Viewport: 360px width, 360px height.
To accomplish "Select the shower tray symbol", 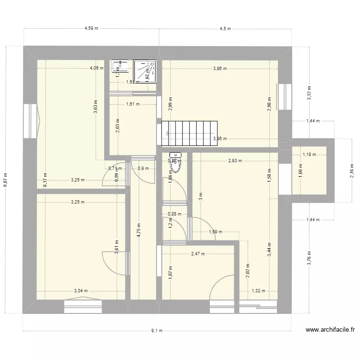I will coord(145,71).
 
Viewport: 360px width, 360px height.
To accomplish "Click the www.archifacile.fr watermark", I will coord(330,330).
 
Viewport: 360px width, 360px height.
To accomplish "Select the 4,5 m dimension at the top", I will coord(225,28).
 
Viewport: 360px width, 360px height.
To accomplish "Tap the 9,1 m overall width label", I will coord(157,330).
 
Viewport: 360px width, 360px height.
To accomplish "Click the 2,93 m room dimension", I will coord(235,161).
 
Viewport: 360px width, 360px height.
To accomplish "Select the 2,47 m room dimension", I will coord(197,254).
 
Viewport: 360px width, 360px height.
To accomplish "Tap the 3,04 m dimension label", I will coord(81,290).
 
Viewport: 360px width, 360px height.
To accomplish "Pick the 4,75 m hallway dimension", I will coord(138,231).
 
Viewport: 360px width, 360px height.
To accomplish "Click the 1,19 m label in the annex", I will coord(309,155).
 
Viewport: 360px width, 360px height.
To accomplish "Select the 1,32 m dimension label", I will coord(258,290).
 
